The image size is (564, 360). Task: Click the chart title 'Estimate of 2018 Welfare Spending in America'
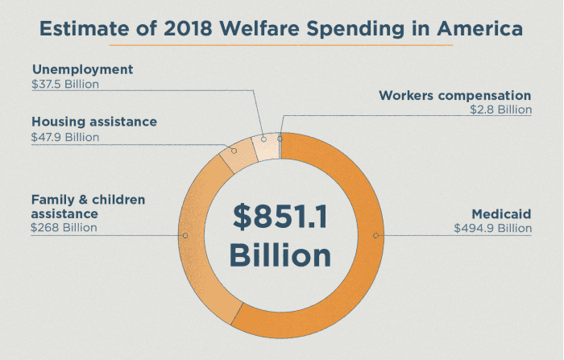pyautogui.click(x=281, y=29)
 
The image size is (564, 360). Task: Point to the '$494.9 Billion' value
pyautogui.click(x=492, y=228)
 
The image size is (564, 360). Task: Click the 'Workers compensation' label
pyautogui.click(x=455, y=96)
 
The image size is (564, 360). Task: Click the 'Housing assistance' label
pyautogui.click(x=94, y=122)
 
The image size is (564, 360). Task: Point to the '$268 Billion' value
pyautogui.click(x=64, y=228)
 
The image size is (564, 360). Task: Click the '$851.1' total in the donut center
pyautogui.click(x=280, y=216)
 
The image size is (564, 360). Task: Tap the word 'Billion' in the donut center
pyautogui.click(x=280, y=255)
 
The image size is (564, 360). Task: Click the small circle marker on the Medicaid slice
pyautogui.click(x=375, y=235)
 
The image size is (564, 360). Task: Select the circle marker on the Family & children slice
pyautogui.click(x=185, y=235)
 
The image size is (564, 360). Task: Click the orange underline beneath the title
pyautogui.click(x=281, y=46)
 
